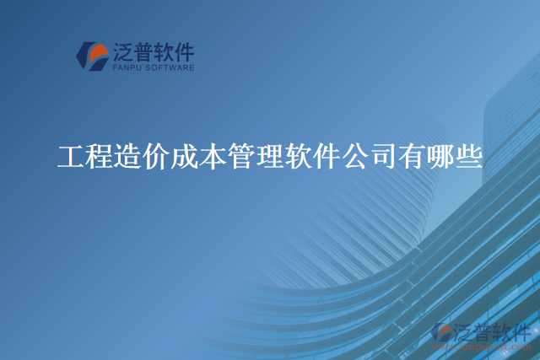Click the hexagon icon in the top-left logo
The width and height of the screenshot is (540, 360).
[92, 56]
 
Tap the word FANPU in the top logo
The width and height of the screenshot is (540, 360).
[127, 68]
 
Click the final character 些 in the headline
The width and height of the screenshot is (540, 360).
[470, 158]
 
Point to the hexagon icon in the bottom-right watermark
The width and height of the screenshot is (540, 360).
[441, 335]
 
